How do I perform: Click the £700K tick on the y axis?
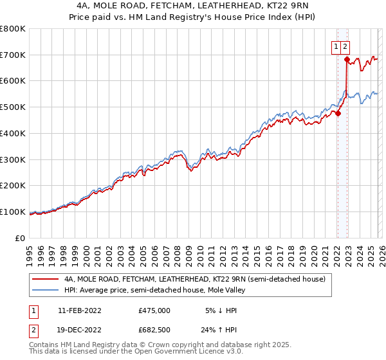(x=13, y=55)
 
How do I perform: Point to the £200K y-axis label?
(x=13, y=186)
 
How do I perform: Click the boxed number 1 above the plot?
(x=336, y=46)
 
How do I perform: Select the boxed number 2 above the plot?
(x=345, y=46)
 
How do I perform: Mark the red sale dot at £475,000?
(x=338, y=114)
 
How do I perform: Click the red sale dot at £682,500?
(x=347, y=60)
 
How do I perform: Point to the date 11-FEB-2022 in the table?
(x=84, y=310)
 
